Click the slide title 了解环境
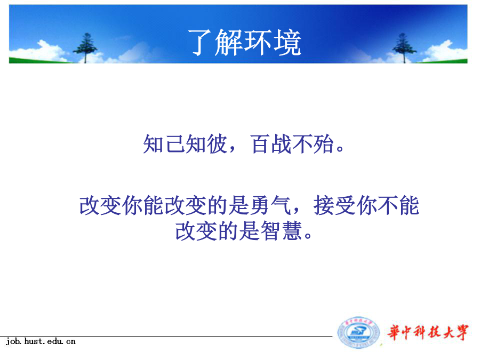tap(244, 43)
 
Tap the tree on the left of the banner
tap(85, 47)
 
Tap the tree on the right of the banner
tap(404, 47)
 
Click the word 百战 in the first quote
tap(271, 144)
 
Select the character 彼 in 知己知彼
tap(217, 144)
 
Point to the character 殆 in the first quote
tap(323, 144)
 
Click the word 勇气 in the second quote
tap(270, 205)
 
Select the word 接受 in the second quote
tap(334, 205)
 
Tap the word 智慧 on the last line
tap(282, 230)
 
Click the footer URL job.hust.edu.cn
tap(41, 341)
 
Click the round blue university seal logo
tap(358, 333)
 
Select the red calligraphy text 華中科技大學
tap(428, 332)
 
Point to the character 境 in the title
tap(287, 43)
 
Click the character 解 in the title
tap(229, 43)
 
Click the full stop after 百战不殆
tap(340, 148)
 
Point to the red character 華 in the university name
tap(394, 332)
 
